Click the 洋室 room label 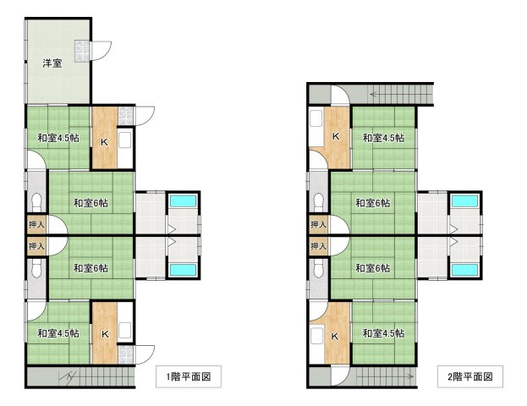coord(52,63)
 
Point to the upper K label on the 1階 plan coord(104,141)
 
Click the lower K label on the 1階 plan coord(104,333)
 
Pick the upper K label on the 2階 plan coord(335,137)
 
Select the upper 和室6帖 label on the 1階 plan coord(90,203)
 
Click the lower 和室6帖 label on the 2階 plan coord(372,268)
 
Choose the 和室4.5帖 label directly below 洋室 coord(58,138)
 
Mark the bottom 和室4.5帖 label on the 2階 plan coord(383,333)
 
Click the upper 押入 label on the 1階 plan coord(36,225)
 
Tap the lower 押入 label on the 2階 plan coord(318,247)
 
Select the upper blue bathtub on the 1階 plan coord(182,202)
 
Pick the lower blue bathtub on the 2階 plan coord(464,270)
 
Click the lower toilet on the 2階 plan coord(318,269)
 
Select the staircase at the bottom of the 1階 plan coord(80,377)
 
